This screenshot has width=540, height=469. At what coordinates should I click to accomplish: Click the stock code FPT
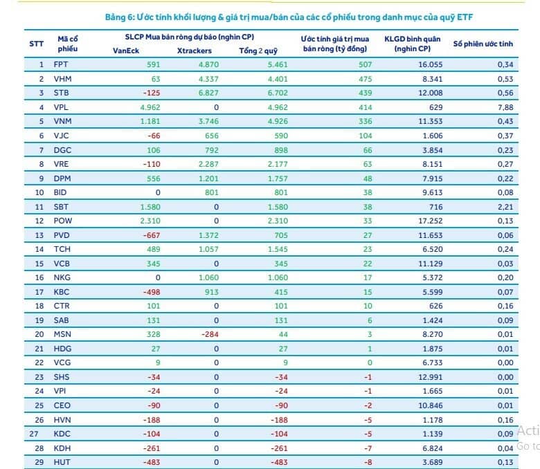pos(61,64)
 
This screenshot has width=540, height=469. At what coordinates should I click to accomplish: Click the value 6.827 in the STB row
pos(208,93)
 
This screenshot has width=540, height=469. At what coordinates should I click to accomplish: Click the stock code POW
pos(63,220)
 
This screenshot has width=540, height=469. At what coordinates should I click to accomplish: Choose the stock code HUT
pos(62,461)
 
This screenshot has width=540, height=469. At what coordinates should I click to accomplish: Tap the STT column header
pos(36,43)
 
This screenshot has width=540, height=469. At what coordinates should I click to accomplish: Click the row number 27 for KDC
pos(28,433)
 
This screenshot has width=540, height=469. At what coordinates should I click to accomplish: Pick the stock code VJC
pos(62,136)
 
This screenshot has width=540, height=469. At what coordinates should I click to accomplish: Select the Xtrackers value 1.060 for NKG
pos(208,277)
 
